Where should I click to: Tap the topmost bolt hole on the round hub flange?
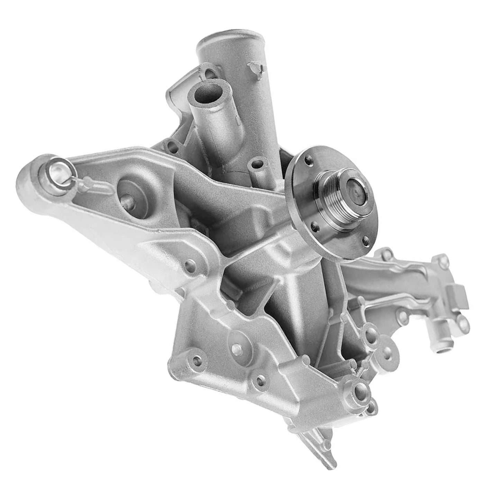click(307, 160)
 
